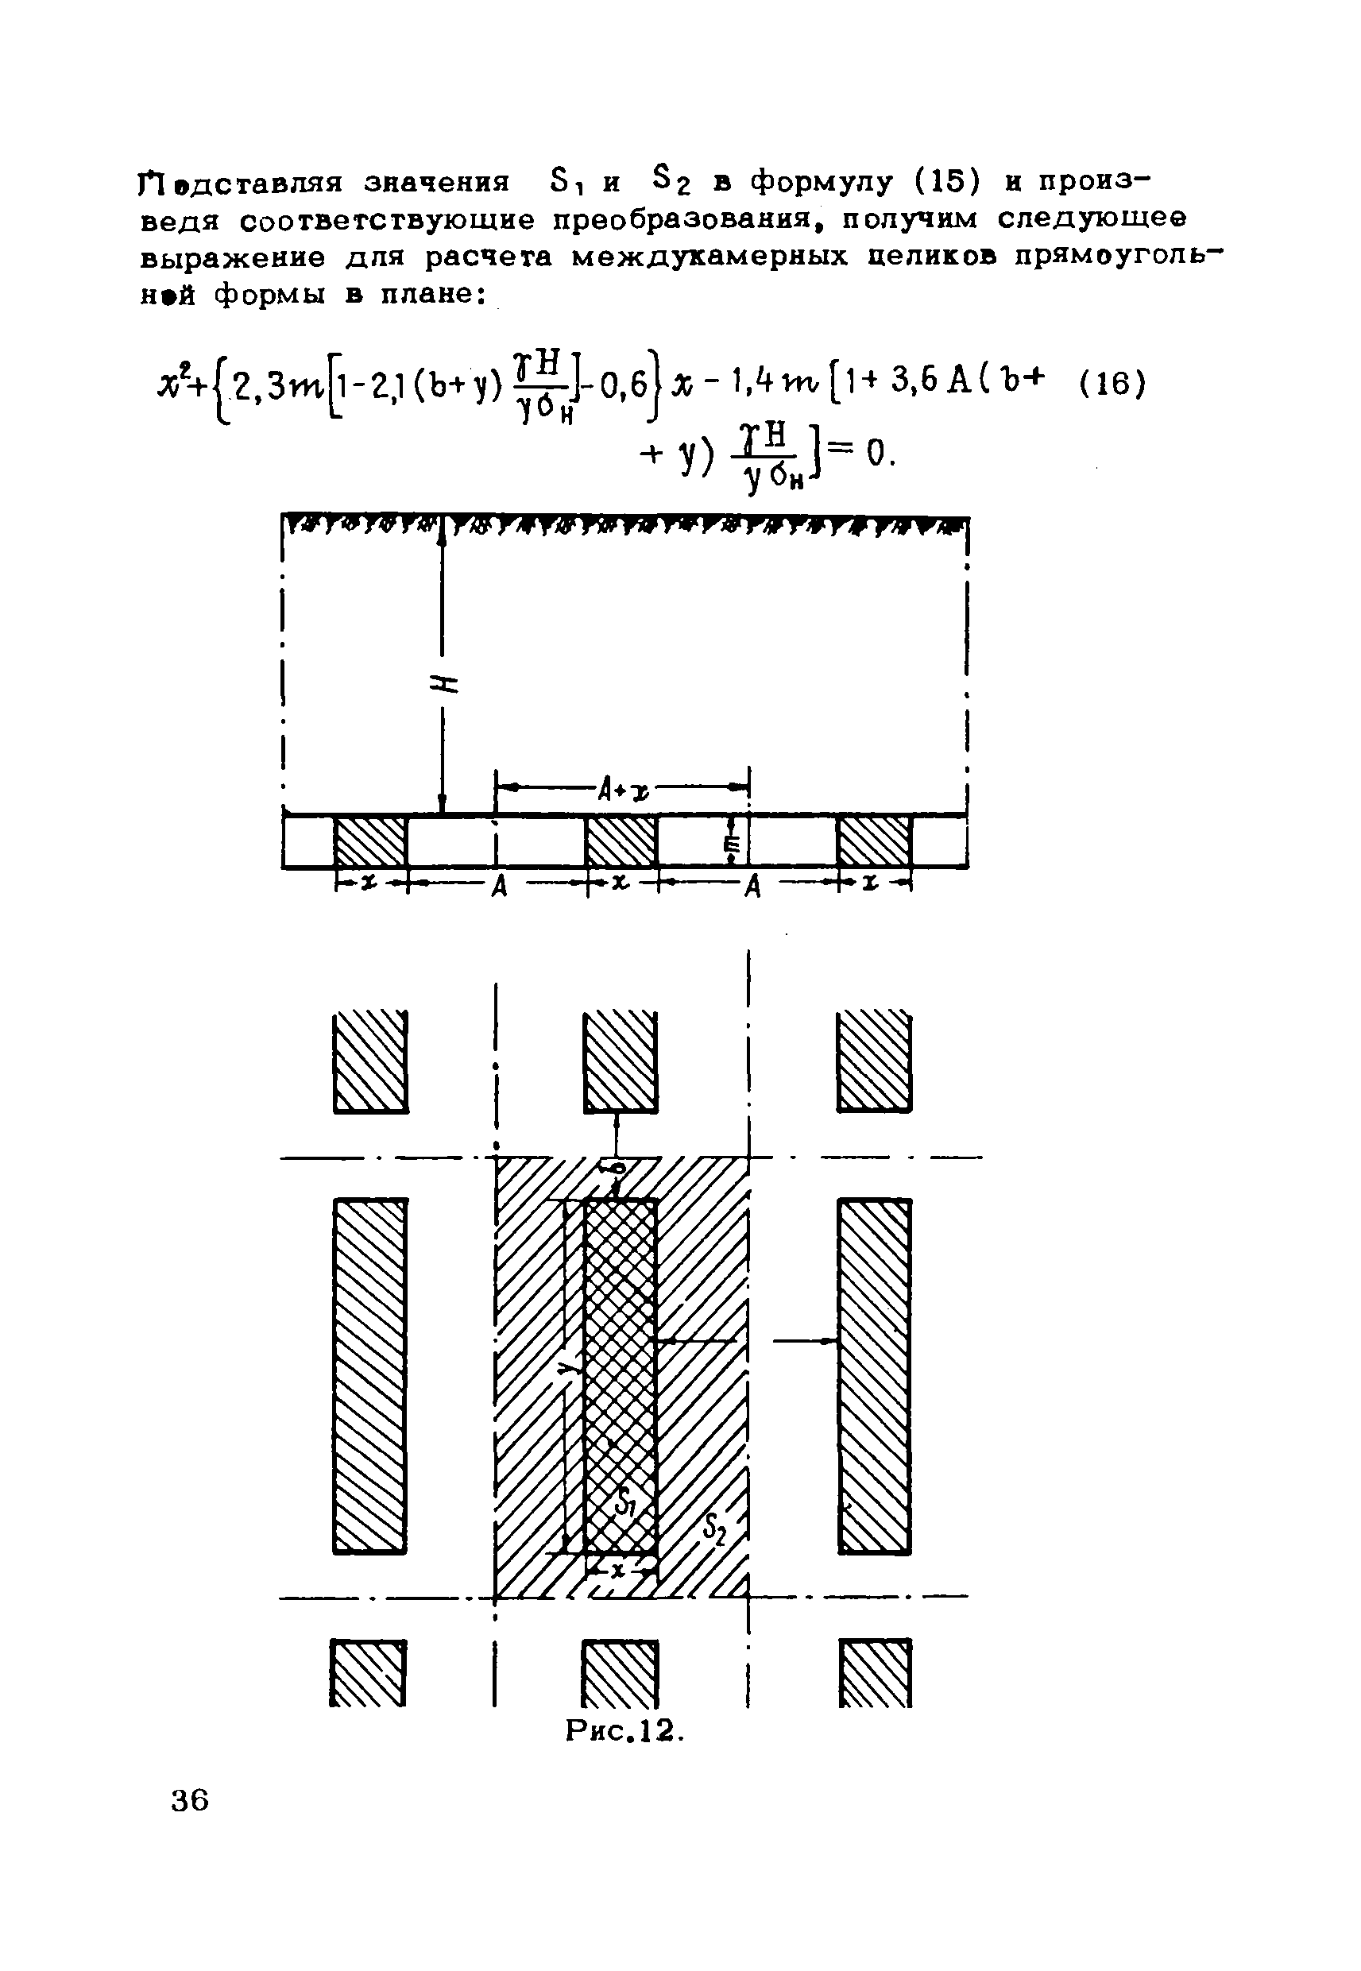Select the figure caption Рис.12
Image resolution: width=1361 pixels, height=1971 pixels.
[x=626, y=1729]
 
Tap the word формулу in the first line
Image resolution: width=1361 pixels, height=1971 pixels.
[x=822, y=182]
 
